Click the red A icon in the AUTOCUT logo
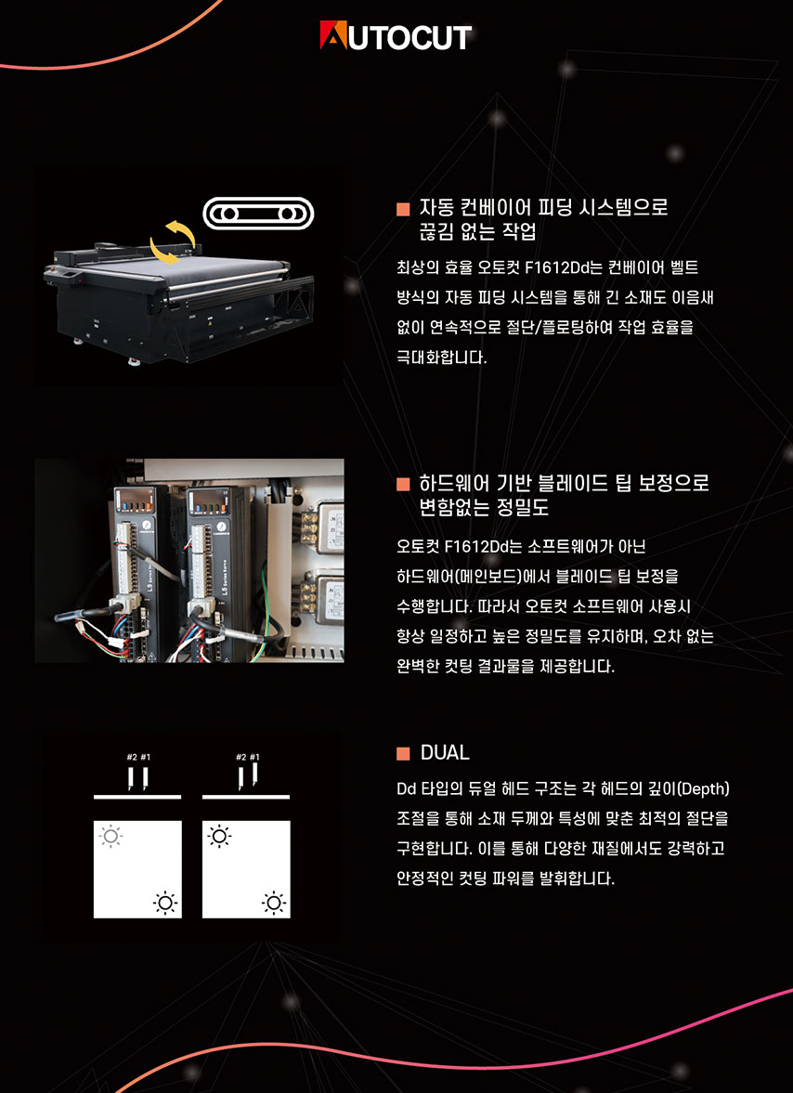pos(333,35)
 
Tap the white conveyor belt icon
pos(258,214)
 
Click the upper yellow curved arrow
pos(180,230)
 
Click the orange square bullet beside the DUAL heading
pos(403,753)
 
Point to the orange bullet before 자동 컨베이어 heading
pos(403,208)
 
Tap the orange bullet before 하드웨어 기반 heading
pos(403,484)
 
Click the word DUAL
pos(445,753)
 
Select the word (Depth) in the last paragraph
pos(703,789)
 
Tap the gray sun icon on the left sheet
pos(110,836)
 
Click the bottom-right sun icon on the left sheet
pos(165,904)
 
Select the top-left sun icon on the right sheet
pos(219,836)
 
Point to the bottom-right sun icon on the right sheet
pos(274,904)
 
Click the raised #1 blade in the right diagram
pos(255,774)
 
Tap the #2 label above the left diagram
pos(132,757)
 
